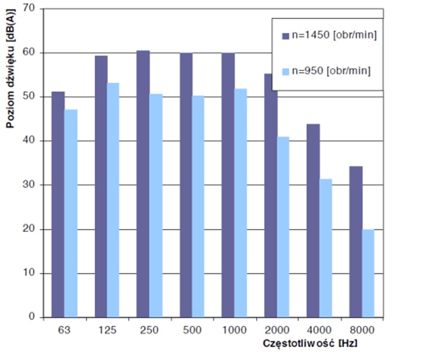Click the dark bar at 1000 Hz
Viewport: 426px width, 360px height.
[228, 185]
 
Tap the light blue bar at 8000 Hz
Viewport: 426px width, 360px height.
[367, 273]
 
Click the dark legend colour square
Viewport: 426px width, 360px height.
[285, 35]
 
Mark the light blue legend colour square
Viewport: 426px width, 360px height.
[285, 71]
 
